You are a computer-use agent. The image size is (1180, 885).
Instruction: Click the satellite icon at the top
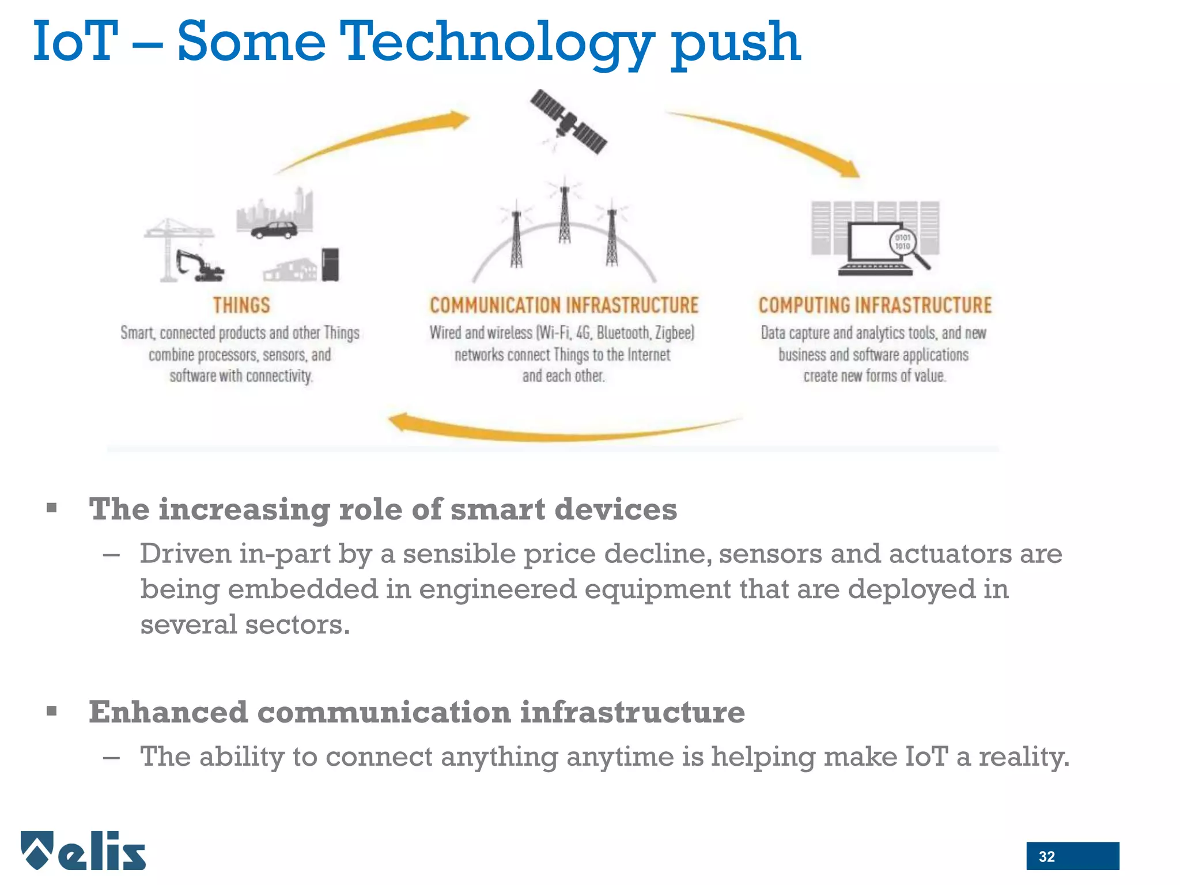pos(568,122)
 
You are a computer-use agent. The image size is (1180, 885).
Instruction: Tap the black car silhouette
pos(274,230)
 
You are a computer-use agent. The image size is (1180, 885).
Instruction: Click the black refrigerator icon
pos(330,264)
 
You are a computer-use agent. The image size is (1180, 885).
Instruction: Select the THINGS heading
pos(241,305)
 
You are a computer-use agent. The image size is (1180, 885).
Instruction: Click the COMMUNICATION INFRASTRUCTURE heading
pos(564,305)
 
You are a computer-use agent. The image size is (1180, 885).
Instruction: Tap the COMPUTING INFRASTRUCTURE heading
pos(875,305)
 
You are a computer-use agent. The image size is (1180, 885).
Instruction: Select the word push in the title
pos(736,43)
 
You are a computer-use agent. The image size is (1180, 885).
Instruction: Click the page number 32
pos(1046,856)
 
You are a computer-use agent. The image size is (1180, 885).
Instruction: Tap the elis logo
pos(84,850)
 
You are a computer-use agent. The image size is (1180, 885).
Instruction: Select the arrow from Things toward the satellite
pos(375,138)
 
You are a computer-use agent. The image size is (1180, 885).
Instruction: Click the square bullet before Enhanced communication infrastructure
pos(52,711)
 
